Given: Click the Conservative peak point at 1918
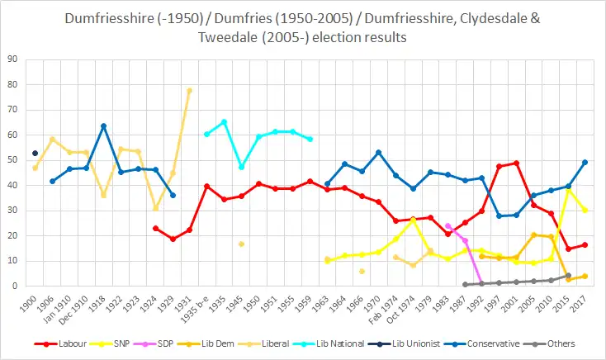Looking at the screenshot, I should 103,126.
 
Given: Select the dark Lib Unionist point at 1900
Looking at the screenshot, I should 35,153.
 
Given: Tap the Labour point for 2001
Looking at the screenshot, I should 517,163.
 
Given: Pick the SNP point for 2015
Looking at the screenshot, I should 568,190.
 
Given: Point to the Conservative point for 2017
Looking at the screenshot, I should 585,162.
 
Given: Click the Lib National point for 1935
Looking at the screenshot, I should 224,121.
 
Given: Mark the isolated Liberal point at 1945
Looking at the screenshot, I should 241,244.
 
